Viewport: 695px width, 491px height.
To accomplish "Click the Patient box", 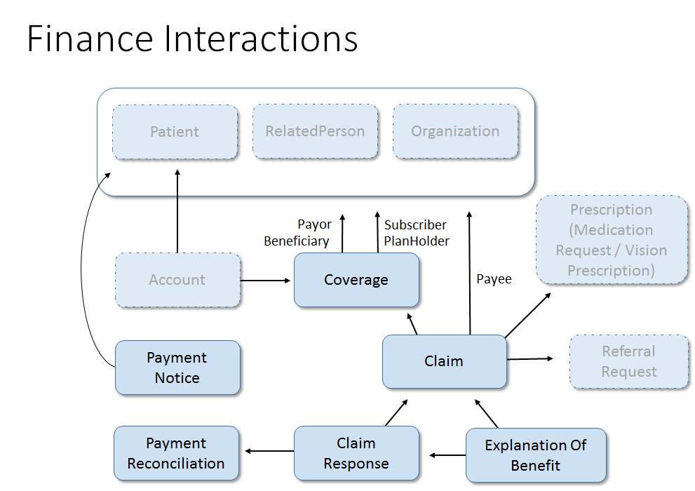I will pyautogui.click(x=175, y=132).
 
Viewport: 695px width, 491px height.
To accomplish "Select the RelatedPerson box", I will pyautogui.click(x=315, y=131).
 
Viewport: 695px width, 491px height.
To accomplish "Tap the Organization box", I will pyautogui.click(x=455, y=131).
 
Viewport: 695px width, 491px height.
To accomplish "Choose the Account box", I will pyautogui.click(x=177, y=280).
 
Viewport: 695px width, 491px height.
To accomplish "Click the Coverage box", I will pyautogui.click(x=356, y=280).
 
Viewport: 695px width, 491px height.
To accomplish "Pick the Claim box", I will pyautogui.click(x=444, y=361).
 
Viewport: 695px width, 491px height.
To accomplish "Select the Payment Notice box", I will pyautogui.click(x=177, y=368).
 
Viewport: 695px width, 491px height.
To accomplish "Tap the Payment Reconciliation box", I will pyautogui.click(x=176, y=454).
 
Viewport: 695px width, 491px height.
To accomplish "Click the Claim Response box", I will pyautogui.click(x=356, y=454).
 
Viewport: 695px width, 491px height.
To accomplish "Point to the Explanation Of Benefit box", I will pyautogui.click(x=536, y=455).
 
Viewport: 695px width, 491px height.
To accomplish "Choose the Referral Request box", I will pyautogui.click(x=629, y=361).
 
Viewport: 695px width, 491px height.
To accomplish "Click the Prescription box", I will pyautogui.click(x=612, y=240).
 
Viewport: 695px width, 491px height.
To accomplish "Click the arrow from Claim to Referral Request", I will pyautogui.click(x=529, y=358).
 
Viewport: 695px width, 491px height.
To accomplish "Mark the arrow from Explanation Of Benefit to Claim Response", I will pyautogui.click(x=447, y=455).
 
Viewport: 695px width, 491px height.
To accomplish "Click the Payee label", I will pyautogui.click(x=494, y=279).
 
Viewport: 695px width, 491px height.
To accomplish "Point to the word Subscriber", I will pyautogui.click(x=415, y=225).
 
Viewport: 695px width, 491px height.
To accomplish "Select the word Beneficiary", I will pyautogui.click(x=296, y=241).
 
